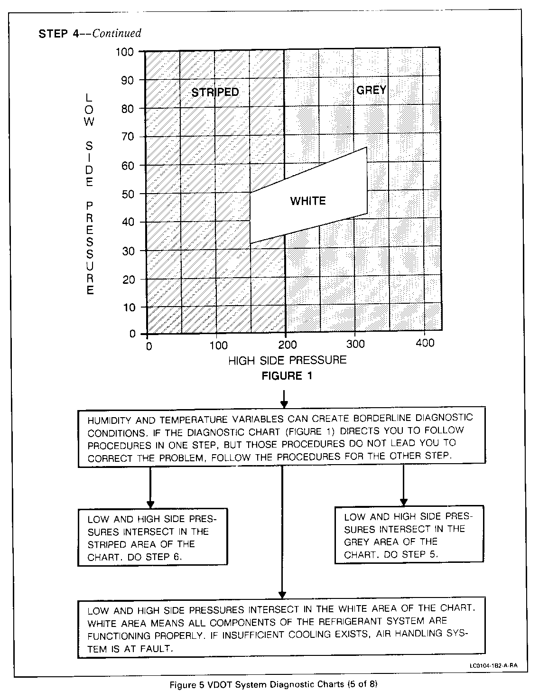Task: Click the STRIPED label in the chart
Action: (x=215, y=92)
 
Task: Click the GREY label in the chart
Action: (x=371, y=90)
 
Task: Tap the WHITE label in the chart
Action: (x=308, y=201)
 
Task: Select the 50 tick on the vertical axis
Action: (x=128, y=194)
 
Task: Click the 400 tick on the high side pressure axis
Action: (x=425, y=344)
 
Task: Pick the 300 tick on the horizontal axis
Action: (x=355, y=344)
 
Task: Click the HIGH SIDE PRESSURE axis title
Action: (x=287, y=360)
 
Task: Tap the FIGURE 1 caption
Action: (x=287, y=376)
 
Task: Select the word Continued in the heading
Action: (x=117, y=33)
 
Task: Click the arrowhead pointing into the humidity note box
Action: (x=284, y=404)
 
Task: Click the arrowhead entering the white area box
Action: (x=282, y=594)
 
